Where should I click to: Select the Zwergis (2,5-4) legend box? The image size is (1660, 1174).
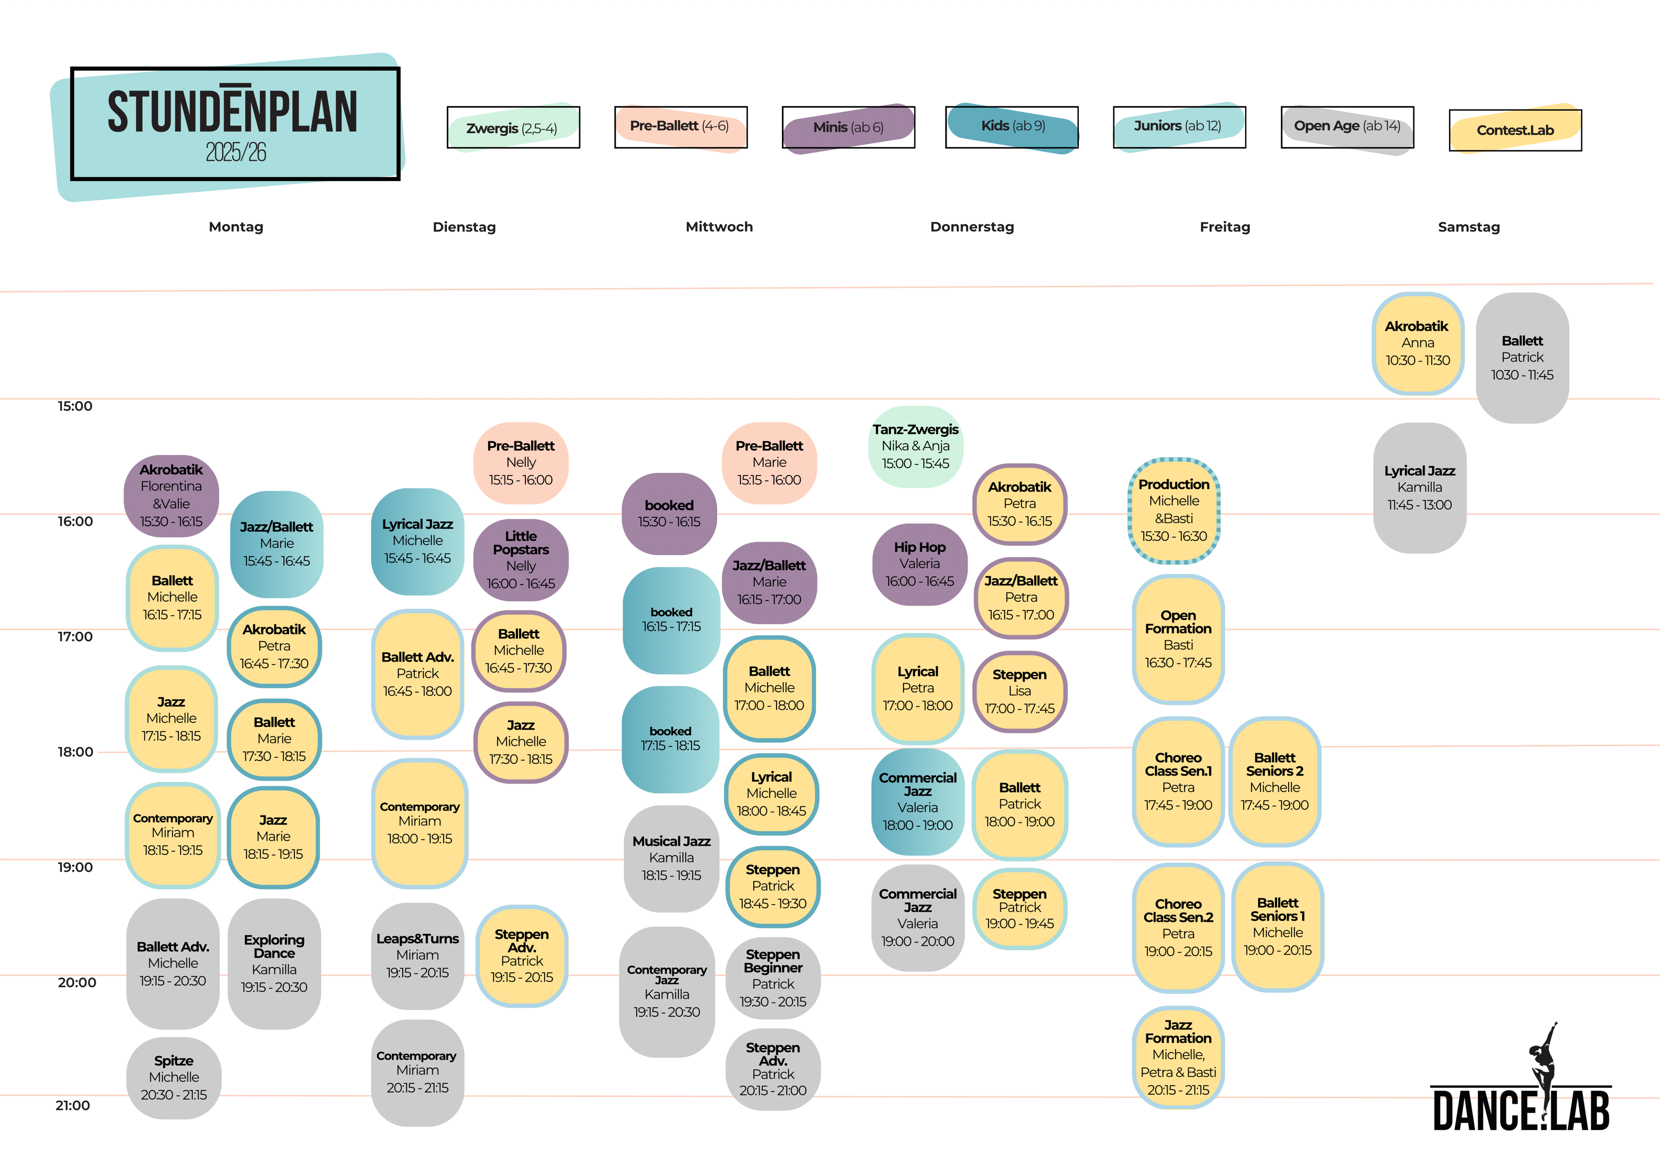tap(513, 127)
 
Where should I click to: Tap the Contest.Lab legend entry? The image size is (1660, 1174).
tap(1516, 130)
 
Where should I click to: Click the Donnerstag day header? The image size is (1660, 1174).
tap(972, 227)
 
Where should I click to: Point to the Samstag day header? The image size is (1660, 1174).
tap(1468, 227)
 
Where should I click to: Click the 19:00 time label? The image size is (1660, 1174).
tap(75, 867)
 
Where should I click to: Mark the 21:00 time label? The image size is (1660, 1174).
tap(73, 1105)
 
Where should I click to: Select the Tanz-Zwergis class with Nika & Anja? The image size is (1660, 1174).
tap(915, 447)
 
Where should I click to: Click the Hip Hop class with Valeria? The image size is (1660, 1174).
tap(920, 565)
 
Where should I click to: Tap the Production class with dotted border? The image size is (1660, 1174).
tap(1174, 511)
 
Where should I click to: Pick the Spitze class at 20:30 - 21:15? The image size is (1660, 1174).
tap(174, 1078)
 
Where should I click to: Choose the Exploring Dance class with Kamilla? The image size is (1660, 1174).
tap(274, 964)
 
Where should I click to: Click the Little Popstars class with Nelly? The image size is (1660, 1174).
tap(521, 560)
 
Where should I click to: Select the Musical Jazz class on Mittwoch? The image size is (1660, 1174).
tap(671, 859)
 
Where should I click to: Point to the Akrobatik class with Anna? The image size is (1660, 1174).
tap(1418, 343)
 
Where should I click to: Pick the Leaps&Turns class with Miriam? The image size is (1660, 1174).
tap(417, 956)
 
